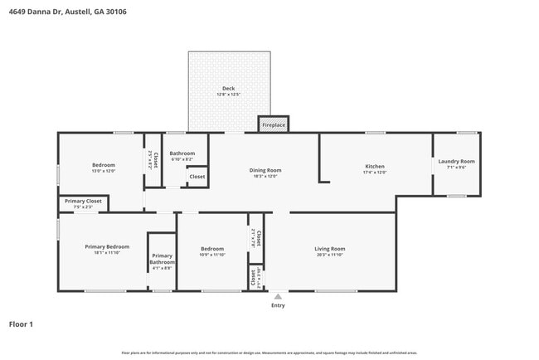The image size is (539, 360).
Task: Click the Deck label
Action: click(229, 88)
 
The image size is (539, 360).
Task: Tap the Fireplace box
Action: click(274, 125)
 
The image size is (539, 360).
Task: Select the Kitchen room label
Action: click(375, 167)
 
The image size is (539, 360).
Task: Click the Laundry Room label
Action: click(456, 161)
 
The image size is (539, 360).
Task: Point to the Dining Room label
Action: click(263, 170)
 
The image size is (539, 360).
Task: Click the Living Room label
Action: click(329, 249)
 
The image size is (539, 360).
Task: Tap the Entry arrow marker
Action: click(278, 296)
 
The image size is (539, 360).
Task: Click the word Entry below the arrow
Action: click(278, 305)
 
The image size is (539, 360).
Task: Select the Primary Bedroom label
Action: click(107, 246)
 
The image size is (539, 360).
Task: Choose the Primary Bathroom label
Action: click(162, 259)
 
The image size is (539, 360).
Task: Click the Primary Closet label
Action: click(83, 201)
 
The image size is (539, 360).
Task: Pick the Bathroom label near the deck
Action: click(182, 153)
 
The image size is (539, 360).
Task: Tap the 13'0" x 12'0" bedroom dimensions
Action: click(103, 171)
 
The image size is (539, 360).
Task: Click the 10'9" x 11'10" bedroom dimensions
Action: click(212, 255)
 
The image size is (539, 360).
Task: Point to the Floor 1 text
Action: click(21, 324)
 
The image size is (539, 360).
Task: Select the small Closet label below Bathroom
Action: click(197, 177)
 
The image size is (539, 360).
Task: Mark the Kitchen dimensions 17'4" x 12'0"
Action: click(375, 173)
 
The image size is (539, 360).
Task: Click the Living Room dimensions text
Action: click(329, 255)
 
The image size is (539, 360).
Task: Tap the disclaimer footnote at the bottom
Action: click(269, 353)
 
